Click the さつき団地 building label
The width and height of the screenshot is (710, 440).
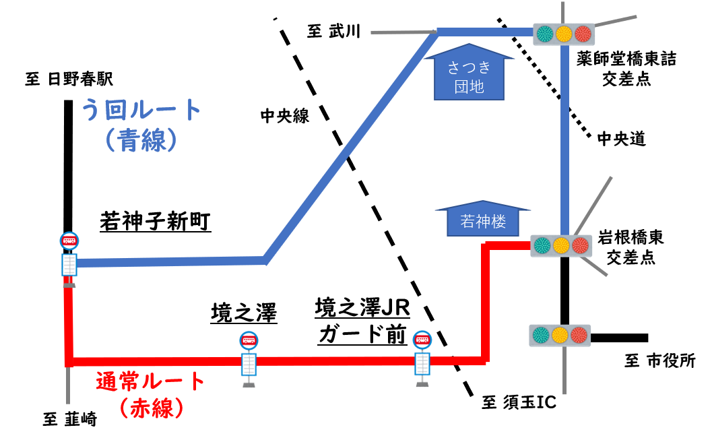coord(469,76)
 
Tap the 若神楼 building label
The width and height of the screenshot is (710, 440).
coord(483,222)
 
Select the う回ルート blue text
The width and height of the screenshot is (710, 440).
coord(141,109)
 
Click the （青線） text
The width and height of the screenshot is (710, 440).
coord(141,141)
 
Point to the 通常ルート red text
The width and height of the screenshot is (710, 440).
coord(150,382)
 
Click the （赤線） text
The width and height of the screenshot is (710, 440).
coord(150,408)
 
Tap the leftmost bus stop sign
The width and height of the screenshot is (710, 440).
coord(69,259)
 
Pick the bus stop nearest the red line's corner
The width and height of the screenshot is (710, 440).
coord(422,358)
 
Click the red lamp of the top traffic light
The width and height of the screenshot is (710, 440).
coord(583,34)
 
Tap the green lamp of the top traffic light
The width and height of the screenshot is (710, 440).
coord(544,34)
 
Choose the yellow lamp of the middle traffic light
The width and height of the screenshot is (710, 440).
coord(561,245)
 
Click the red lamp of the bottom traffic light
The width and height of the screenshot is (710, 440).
coord(579,335)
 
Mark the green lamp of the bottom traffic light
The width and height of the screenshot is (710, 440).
coord(541,335)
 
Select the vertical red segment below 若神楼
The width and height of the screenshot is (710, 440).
coord(485,303)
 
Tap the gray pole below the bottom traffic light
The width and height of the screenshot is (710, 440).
coord(564,371)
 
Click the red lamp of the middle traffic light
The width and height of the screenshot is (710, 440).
coord(580,245)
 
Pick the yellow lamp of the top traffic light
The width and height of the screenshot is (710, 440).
coord(564,34)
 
